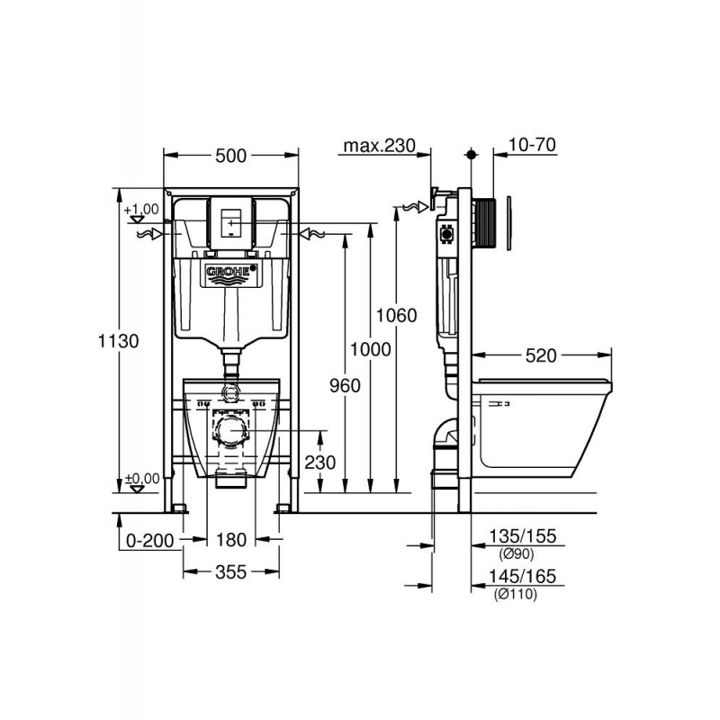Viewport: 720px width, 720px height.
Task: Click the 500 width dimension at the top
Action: click(x=230, y=157)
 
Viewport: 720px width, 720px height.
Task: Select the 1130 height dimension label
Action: click(x=118, y=342)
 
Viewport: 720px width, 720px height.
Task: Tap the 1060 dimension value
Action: click(x=397, y=316)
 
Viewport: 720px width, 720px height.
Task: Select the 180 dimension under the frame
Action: click(x=231, y=540)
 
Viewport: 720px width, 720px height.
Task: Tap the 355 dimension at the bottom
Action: click(x=231, y=573)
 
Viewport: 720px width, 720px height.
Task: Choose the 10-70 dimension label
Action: click(x=531, y=145)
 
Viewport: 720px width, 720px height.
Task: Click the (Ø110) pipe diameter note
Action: click(x=516, y=595)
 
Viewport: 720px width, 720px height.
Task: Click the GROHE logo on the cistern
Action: click(x=231, y=272)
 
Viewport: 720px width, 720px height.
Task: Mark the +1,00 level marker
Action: click(x=143, y=211)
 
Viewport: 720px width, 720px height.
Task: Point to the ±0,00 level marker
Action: click(x=142, y=480)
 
